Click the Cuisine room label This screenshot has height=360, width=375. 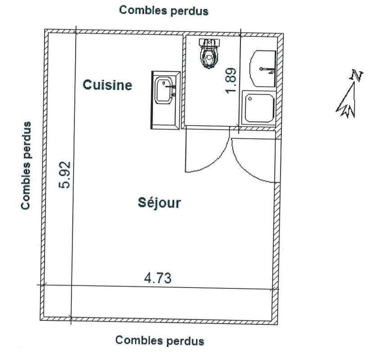click(x=108, y=85)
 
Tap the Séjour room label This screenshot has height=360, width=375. click(x=159, y=203)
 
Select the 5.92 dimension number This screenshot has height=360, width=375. click(x=65, y=175)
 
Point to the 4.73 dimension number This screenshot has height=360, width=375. click(x=158, y=278)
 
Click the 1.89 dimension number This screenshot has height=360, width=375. click(x=231, y=81)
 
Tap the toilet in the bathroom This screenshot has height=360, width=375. click(x=209, y=54)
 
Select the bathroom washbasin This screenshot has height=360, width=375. click(x=263, y=68)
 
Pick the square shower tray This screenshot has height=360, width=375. click(x=259, y=108)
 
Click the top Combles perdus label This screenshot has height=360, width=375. click(x=164, y=11)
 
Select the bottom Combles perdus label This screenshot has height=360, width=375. click(x=160, y=340)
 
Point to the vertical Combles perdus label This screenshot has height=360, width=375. click(x=26, y=166)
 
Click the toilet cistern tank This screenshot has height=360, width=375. click(x=209, y=42)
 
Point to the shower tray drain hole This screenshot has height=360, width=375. click(x=250, y=98)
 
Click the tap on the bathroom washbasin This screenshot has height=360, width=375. click(x=267, y=70)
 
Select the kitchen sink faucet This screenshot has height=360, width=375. click(x=171, y=87)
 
